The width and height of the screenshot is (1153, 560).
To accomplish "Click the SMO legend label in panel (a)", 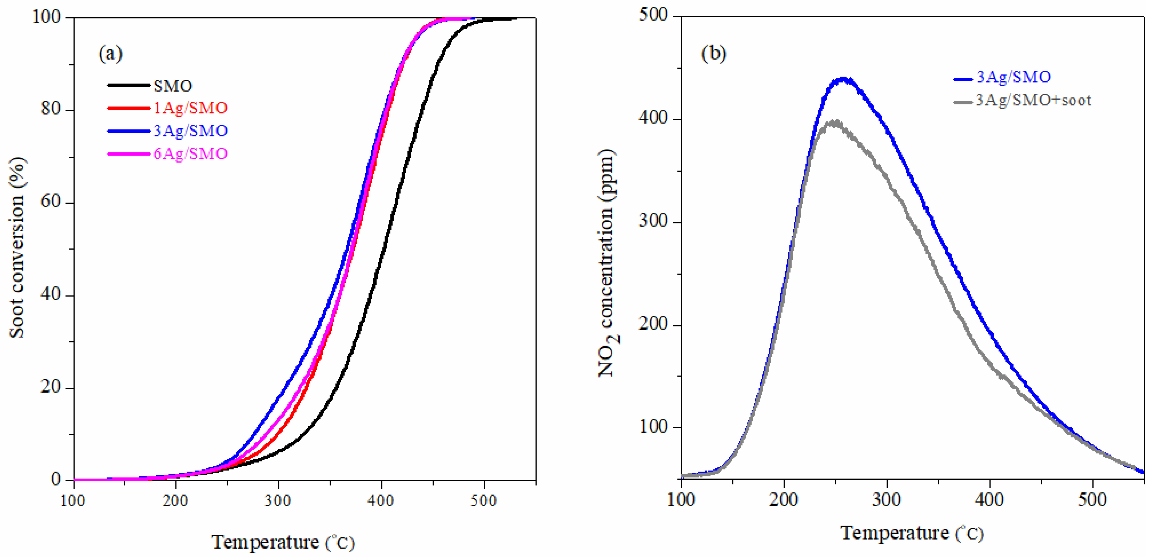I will pyautogui.click(x=173, y=86).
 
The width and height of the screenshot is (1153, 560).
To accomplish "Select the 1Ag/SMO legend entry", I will pyautogui.click(x=190, y=108).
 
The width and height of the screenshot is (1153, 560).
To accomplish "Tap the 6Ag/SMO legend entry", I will pyautogui.click(x=190, y=153).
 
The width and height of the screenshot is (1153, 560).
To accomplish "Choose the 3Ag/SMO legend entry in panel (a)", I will pyautogui.click(x=190, y=131).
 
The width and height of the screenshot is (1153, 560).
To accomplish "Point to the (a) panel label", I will pyautogui.click(x=110, y=54).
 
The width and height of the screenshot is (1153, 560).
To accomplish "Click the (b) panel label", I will pyautogui.click(x=714, y=54).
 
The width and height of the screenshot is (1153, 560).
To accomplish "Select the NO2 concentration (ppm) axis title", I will pyautogui.click(x=608, y=263).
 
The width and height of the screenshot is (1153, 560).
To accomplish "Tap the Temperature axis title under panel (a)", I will pyautogui.click(x=283, y=542).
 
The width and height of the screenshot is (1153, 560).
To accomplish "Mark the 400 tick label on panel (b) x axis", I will pyautogui.click(x=989, y=499).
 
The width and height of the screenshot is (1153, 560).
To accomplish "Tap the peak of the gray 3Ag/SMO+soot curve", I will pyautogui.click(x=833, y=122).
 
